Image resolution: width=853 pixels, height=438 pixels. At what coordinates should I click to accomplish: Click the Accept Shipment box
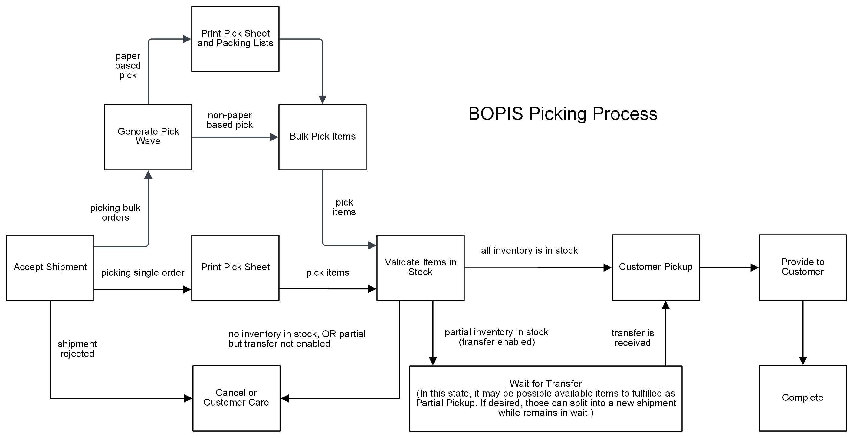pos(50,268)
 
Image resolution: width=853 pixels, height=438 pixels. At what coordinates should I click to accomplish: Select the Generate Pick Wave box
pos(148,137)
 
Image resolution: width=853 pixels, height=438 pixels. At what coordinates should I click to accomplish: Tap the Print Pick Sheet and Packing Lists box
pos(235,39)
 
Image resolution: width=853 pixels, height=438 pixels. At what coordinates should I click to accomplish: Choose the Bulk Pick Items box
pos(322,137)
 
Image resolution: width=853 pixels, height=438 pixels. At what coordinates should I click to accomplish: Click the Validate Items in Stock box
pos(420,268)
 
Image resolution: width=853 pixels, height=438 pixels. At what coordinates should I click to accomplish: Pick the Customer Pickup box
pos(655,267)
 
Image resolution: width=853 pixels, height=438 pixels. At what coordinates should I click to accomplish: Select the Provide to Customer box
pos(802,267)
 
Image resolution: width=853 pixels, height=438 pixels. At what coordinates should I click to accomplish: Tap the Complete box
pos(802,398)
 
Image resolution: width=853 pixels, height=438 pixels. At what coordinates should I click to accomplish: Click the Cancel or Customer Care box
pos(236,398)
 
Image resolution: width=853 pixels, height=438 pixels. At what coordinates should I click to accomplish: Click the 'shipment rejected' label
pos(77,349)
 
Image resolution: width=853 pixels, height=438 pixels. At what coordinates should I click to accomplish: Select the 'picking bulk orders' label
pos(115,213)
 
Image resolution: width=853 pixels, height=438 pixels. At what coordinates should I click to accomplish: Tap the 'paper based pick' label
pos(128,66)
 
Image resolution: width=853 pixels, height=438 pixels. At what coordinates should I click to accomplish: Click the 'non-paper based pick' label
pos(229,120)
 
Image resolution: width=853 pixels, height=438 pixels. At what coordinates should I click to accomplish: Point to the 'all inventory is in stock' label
pos(529,250)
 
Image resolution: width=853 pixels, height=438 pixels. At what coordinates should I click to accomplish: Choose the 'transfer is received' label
pos(632,338)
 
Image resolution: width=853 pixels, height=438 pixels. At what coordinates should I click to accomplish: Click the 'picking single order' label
pos(143,273)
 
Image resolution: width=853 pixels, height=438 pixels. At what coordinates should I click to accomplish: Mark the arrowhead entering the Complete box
pos(803,361)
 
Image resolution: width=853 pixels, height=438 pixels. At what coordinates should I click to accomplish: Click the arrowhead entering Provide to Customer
pos(754,267)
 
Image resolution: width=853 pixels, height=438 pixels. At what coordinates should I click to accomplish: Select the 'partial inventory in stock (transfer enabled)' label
pos(496,337)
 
